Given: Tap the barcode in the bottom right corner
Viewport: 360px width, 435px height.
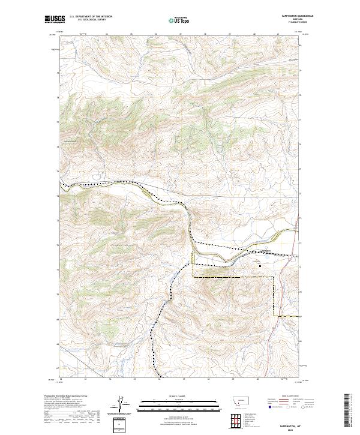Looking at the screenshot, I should coord(349,410).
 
